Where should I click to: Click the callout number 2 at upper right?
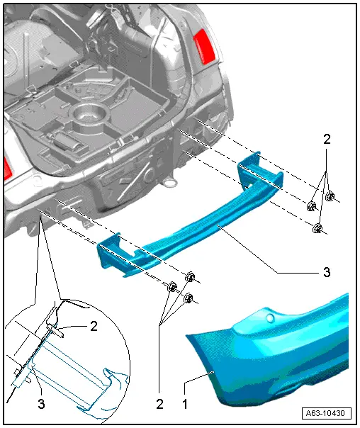point(327,140)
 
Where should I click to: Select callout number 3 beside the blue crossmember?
point(327,270)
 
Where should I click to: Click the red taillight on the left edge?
point(6,168)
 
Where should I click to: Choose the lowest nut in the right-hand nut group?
point(318,228)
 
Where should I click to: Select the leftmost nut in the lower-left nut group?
point(171,288)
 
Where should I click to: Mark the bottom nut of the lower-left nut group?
point(189,299)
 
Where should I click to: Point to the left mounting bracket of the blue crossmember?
point(113,252)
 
